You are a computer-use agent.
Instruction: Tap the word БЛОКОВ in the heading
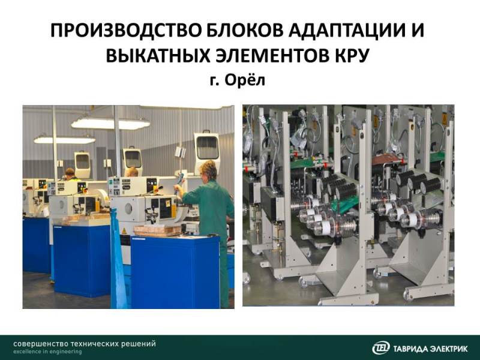tap(245, 31)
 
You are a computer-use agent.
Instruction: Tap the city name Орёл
tap(245, 80)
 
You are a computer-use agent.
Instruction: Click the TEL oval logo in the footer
tap(381, 348)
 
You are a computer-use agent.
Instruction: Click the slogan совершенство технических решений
tap(85, 344)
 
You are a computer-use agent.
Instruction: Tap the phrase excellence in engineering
tap(47, 352)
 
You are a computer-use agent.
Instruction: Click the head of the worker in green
tap(208, 170)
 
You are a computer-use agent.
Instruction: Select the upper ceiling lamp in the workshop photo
tap(110, 124)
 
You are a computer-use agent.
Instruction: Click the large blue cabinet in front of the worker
tap(175, 272)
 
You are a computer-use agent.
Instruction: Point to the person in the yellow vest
tap(70, 175)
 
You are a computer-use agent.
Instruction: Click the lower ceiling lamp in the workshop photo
tap(65, 140)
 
